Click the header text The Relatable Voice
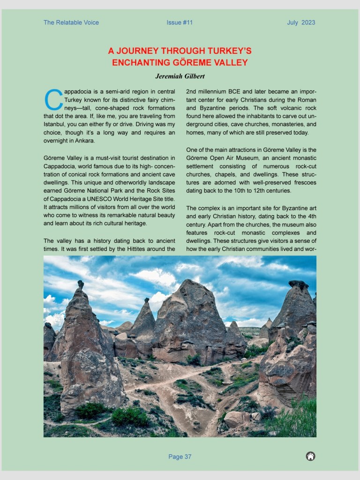point(71,22)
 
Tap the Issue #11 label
point(180,22)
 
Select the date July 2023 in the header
point(301,22)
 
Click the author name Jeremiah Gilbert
point(180,76)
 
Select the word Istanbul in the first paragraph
point(55,124)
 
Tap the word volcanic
point(287,108)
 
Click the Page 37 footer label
point(180,457)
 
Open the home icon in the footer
point(310,456)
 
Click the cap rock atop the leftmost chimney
point(81,284)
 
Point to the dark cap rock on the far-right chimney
point(299,284)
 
